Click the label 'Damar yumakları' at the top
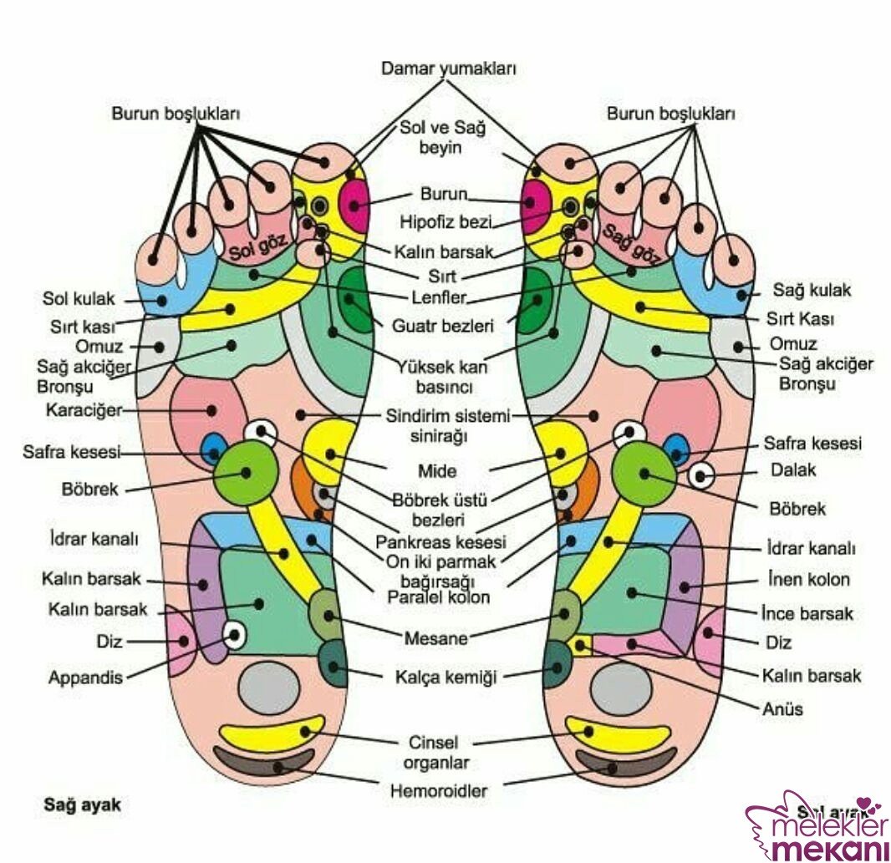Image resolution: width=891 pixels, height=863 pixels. click(448, 69)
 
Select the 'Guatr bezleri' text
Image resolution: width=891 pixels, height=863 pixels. click(443, 325)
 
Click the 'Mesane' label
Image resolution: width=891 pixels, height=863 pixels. click(435, 639)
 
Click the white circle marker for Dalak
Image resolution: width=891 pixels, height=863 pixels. click(702, 476)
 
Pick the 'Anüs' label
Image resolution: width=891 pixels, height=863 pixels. click(783, 709)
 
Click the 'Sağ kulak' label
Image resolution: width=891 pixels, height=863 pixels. click(811, 290)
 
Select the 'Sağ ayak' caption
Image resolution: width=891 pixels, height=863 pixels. click(82, 805)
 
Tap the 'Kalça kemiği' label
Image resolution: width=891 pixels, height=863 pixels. click(445, 678)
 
